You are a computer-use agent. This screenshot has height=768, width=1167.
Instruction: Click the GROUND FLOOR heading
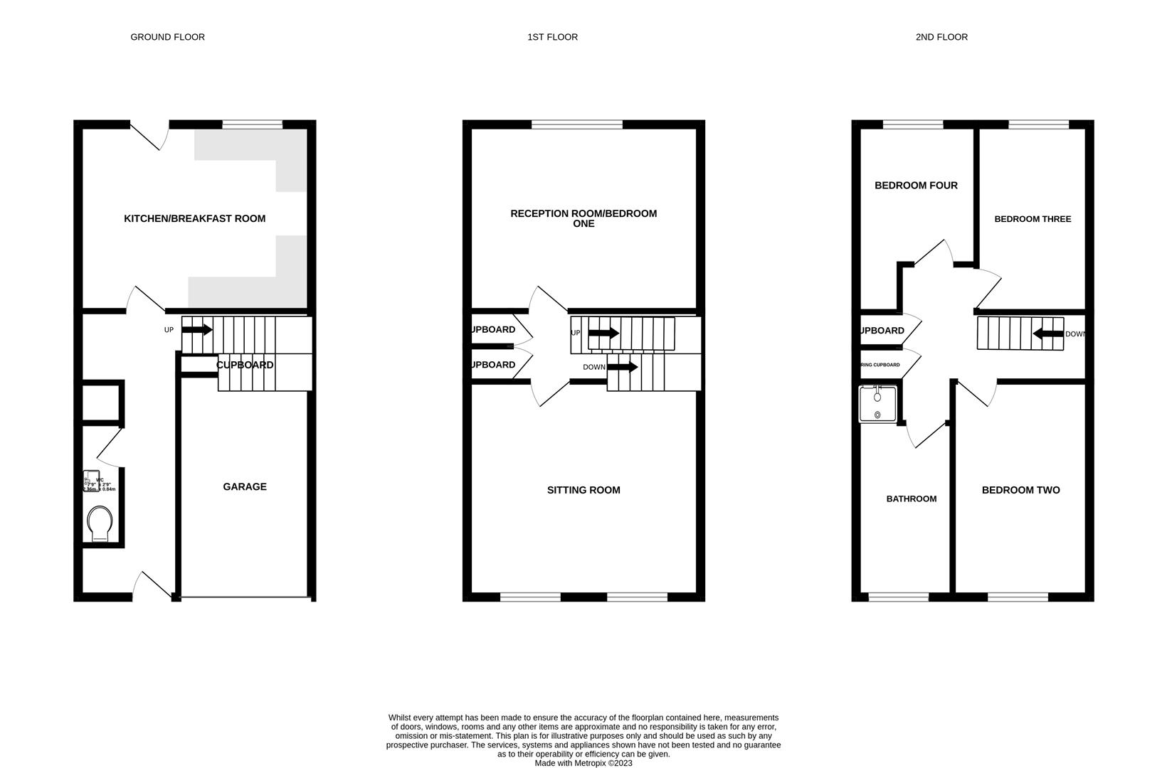(x=167, y=37)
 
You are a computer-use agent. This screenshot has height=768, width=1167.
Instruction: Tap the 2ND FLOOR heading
(x=941, y=37)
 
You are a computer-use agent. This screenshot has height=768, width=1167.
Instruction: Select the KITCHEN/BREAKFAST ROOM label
(x=194, y=218)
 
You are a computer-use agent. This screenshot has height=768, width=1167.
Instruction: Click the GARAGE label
(x=245, y=486)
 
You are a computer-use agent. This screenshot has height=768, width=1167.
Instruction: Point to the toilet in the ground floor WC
(x=100, y=524)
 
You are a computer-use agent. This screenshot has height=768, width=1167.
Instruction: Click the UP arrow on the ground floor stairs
(x=197, y=330)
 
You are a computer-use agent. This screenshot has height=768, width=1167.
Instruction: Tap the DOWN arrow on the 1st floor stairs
(x=623, y=367)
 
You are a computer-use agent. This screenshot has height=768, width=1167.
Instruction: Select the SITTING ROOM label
(x=583, y=490)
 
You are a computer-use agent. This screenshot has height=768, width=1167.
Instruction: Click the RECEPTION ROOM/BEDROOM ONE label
(x=583, y=218)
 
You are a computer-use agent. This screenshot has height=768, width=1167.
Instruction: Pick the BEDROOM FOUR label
(x=916, y=186)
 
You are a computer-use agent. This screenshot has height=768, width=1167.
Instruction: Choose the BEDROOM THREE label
(x=1033, y=219)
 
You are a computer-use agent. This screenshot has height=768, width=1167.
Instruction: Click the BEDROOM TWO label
(x=1020, y=490)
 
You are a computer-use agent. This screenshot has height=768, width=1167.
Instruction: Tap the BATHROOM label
(x=911, y=499)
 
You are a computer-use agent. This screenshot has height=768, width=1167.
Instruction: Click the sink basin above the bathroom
(x=877, y=403)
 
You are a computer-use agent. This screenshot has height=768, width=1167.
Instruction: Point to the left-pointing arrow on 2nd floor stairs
(x=1047, y=334)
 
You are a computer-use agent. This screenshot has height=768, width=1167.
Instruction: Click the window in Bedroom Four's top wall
(x=913, y=125)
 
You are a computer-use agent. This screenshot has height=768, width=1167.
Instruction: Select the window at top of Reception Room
(x=577, y=125)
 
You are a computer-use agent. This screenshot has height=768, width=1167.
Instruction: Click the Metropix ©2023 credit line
(x=583, y=763)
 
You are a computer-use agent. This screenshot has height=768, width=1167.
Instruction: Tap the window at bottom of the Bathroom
(x=899, y=597)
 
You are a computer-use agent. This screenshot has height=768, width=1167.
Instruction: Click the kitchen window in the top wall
(x=252, y=125)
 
